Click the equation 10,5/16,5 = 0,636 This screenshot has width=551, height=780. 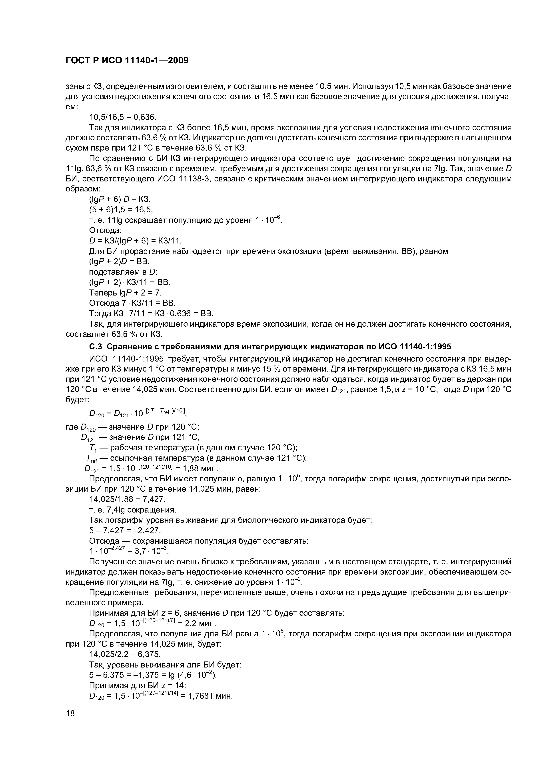coord(123,117)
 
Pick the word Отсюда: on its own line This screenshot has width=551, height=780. coord(105,230)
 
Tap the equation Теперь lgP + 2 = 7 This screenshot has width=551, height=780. coord(125,293)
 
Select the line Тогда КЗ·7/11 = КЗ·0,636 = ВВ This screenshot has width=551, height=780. coord(151,313)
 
